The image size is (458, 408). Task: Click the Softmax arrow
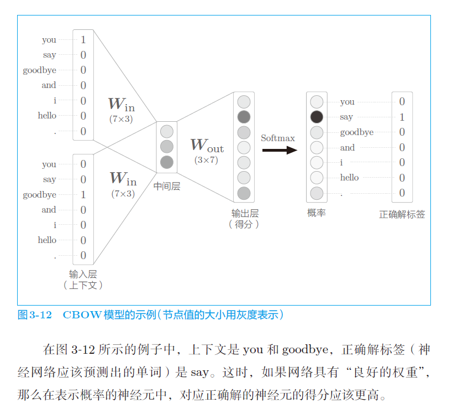(x=280, y=149)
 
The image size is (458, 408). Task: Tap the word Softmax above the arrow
(x=278, y=138)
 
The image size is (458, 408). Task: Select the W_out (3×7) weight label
(x=207, y=149)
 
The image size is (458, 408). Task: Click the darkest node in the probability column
(x=317, y=117)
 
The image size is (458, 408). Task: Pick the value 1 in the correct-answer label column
(x=402, y=117)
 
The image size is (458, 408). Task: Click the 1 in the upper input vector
(x=83, y=39)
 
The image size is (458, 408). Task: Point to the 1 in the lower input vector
(x=83, y=194)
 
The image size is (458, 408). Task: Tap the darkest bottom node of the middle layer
(x=167, y=162)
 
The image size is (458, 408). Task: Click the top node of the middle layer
(x=167, y=131)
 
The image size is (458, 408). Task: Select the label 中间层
(x=167, y=187)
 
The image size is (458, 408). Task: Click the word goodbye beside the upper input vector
(x=39, y=70)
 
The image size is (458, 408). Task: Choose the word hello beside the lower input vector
(x=47, y=240)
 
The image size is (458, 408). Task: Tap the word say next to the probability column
(x=346, y=117)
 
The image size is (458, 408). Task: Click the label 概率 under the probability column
(x=317, y=213)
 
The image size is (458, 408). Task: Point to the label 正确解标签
(x=402, y=214)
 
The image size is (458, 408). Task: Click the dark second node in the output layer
(x=244, y=117)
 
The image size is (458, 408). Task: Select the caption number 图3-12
(x=35, y=315)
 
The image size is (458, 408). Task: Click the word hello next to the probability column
(x=349, y=178)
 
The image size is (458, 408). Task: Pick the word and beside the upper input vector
(x=49, y=85)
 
